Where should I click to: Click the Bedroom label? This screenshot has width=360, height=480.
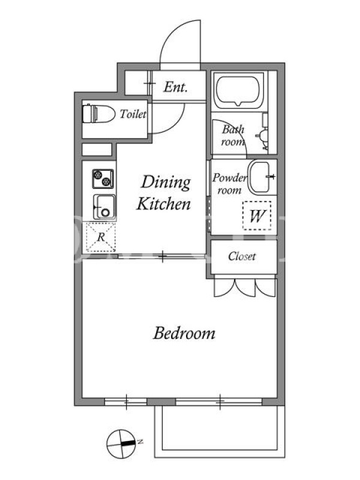[184, 334]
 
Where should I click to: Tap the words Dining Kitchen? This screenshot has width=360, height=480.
[164, 193]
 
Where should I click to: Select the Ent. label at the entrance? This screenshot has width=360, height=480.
[175, 87]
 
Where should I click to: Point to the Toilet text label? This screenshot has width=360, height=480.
[133, 114]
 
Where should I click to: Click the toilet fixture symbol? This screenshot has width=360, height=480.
[98, 114]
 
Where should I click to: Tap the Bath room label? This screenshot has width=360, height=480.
[233, 136]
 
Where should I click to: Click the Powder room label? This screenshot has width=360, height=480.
[230, 184]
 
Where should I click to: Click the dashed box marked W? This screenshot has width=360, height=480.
[257, 215]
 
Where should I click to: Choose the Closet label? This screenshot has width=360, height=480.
[242, 256]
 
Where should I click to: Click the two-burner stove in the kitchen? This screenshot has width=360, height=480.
[103, 179]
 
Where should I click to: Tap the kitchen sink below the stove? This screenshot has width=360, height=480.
[104, 206]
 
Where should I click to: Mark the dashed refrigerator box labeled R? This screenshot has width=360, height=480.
[101, 237]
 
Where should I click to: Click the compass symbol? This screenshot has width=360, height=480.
[121, 443]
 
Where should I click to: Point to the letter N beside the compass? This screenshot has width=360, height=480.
[140, 442]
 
